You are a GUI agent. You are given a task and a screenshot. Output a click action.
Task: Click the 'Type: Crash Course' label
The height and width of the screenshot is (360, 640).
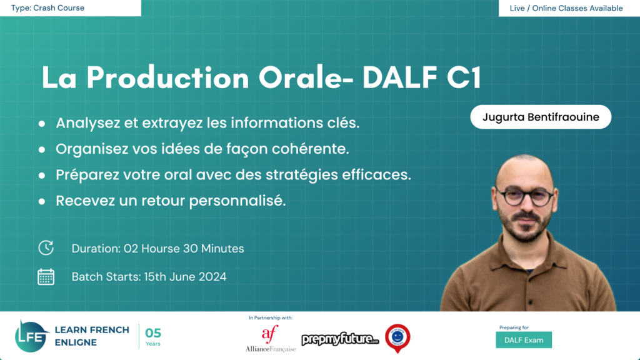point(47,8)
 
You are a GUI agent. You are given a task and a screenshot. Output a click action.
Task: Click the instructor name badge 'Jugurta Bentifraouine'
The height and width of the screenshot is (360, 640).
point(541,117)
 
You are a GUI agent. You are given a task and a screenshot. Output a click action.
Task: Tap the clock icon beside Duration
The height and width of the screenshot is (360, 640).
point(46,248)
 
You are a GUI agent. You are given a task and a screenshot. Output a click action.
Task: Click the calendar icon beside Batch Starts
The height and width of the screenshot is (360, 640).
point(46,277)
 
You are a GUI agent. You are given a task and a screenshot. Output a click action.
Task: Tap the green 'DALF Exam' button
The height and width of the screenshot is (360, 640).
point(523,340)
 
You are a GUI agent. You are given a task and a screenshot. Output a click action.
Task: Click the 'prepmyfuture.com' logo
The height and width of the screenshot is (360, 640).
point(340,339)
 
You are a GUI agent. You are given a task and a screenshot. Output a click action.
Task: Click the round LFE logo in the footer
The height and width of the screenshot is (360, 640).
point(32,336)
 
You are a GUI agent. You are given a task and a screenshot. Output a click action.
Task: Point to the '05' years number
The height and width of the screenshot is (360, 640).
point(153,333)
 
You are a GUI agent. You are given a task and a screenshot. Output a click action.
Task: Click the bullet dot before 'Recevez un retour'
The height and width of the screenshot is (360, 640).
point(42,202)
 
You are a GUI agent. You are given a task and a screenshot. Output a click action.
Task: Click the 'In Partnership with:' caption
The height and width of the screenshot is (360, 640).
point(270,318)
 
